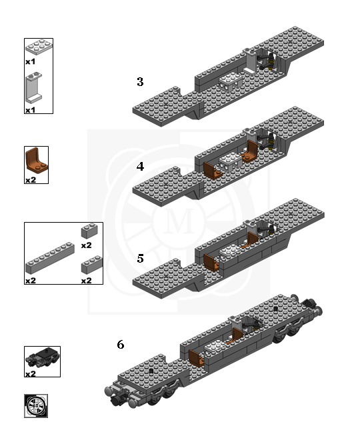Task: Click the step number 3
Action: click(x=140, y=82)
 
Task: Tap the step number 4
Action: click(x=140, y=167)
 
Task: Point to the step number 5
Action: click(x=140, y=258)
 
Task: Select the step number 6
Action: click(x=120, y=345)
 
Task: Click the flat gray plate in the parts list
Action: click(x=38, y=47)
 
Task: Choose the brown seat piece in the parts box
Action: click(x=35, y=161)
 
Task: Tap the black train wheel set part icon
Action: click(x=41, y=358)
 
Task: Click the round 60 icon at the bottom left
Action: click(x=36, y=405)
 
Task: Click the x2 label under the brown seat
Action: click(x=30, y=179)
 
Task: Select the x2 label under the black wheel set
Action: click(x=30, y=374)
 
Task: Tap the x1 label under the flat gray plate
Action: click(x=30, y=61)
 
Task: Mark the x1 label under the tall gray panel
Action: click(x=30, y=109)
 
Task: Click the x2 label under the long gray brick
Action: click(x=30, y=281)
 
